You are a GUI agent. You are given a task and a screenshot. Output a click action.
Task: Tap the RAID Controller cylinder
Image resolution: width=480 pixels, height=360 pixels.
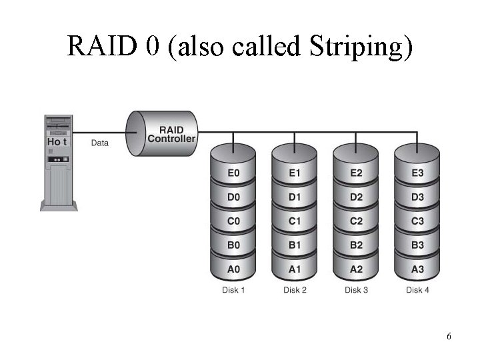(x=162, y=134)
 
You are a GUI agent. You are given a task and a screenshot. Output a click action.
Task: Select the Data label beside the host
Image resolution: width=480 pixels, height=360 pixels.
(x=100, y=142)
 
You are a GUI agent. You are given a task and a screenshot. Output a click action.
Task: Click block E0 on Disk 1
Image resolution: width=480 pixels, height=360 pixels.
(x=233, y=173)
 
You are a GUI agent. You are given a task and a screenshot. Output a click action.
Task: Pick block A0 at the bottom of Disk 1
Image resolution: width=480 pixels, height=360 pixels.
(x=233, y=269)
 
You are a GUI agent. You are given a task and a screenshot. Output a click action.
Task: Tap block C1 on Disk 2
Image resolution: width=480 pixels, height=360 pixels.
(x=295, y=221)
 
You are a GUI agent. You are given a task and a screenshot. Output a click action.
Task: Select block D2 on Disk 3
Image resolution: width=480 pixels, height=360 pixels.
(x=356, y=197)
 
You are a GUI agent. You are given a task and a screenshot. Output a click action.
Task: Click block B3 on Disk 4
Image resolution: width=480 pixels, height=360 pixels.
(x=417, y=245)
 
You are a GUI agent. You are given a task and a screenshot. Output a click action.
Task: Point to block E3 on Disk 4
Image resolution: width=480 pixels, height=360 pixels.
(x=417, y=173)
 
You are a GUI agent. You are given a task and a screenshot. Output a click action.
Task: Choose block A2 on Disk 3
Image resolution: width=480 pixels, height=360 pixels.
(x=356, y=269)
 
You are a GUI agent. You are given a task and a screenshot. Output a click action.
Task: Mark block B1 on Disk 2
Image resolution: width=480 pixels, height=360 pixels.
(x=295, y=245)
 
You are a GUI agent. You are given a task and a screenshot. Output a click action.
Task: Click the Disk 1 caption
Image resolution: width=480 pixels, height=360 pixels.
(x=233, y=290)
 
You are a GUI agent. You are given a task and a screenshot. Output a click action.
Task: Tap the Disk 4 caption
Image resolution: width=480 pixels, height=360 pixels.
(x=417, y=290)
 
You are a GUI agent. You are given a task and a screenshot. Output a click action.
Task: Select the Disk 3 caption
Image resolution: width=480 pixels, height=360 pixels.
(x=356, y=290)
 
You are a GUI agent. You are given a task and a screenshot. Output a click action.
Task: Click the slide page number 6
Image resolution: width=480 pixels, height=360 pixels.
(x=449, y=337)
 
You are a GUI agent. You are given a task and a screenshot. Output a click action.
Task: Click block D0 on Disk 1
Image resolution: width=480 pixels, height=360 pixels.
(x=233, y=197)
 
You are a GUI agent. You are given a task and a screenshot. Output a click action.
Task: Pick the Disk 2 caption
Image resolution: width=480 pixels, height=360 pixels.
(x=295, y=290)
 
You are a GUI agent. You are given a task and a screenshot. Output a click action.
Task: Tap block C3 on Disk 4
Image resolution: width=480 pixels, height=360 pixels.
(x=417, y=221)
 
